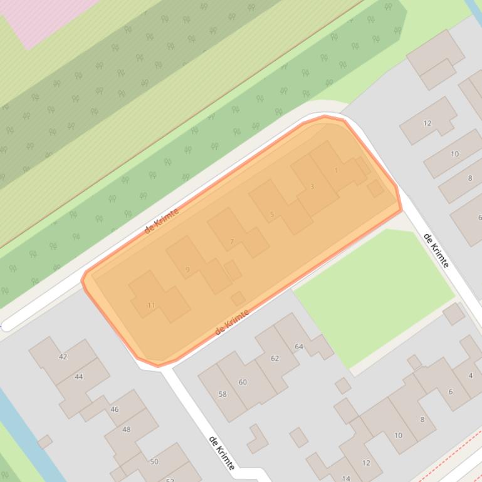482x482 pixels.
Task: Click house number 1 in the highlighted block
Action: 337,170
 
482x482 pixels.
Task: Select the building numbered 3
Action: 312,186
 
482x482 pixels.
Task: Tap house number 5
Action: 272,214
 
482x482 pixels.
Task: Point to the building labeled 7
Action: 232,241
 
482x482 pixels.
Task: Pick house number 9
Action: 187,270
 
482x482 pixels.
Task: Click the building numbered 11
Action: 151,305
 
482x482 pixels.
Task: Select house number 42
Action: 63,357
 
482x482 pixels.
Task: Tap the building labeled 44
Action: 78,376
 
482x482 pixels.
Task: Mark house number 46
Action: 114,409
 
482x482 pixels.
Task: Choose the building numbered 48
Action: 127,429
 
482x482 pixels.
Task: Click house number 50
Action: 154,461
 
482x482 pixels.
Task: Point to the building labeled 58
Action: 223,394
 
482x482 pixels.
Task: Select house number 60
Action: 243,382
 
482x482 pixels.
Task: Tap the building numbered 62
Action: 275,358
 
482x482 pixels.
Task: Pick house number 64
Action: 299,346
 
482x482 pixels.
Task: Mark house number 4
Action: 471,376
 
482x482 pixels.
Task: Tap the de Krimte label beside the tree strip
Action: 162,221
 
